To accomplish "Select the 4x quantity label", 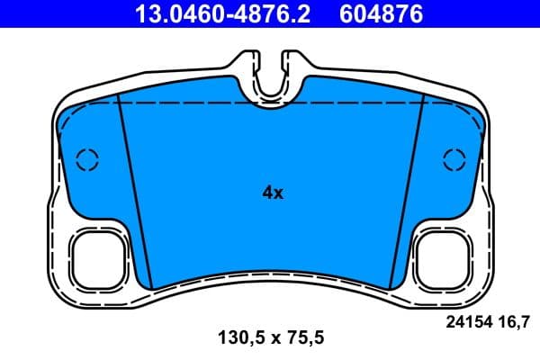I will pos(271,192).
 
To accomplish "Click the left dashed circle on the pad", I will pos(87,159).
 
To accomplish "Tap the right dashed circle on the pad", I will pos(454,159).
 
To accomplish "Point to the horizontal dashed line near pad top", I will pos(270,103).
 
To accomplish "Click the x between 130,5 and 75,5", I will pos(271,339).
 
